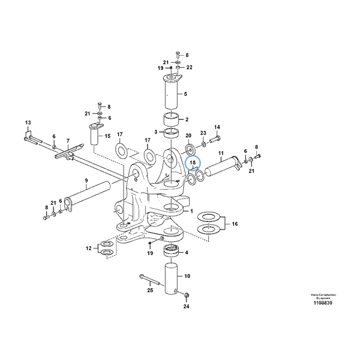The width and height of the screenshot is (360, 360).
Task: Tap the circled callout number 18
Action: [x=193, y=163]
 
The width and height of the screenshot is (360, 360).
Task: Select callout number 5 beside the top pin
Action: [x=185, y=94]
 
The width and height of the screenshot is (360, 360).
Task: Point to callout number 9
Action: [x=86, y=181]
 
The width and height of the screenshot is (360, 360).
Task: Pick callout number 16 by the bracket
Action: [x=235, y=224]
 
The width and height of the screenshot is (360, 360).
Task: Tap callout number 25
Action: [x=150, y=290]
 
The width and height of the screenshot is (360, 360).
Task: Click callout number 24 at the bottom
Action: [x=186, y=307]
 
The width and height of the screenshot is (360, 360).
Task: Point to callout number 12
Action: [x=88, y=247]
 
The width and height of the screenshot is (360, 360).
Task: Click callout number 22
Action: [x=190, y=67]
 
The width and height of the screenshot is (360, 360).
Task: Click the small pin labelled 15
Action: [x=95, y=136]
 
